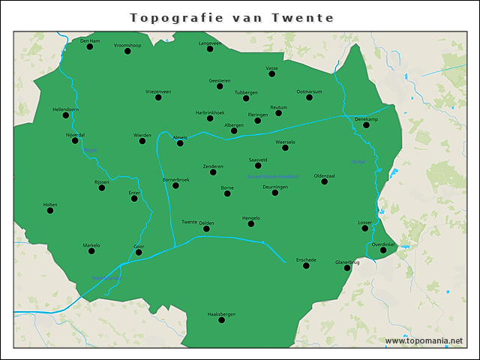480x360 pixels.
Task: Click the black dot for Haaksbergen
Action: pos(221,320)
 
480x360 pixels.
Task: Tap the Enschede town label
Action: pos(306,259)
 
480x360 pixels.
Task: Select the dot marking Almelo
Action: pos(180,143)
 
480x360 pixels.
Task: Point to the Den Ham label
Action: pos(90,40)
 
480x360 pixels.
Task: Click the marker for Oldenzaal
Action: pos(325,181)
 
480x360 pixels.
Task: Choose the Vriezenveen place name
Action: pos(158,91)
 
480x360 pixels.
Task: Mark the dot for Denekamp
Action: pos(367,125)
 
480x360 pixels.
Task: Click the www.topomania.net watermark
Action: pos(424,341)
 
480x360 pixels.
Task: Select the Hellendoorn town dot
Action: pos(66,115)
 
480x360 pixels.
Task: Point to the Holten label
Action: pos(50,204)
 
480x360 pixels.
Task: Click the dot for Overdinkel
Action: pos(383,250)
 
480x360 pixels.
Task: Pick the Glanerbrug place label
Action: pos(347,262)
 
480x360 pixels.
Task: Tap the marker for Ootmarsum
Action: pos(309,97)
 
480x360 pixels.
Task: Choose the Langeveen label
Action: pos(210,43)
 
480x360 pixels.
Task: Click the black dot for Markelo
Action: pos(91,251)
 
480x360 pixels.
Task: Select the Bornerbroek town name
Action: pos(175,179)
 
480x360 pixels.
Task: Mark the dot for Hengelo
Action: pos(251,224)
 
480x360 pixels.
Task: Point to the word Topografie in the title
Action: pos(172,17)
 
